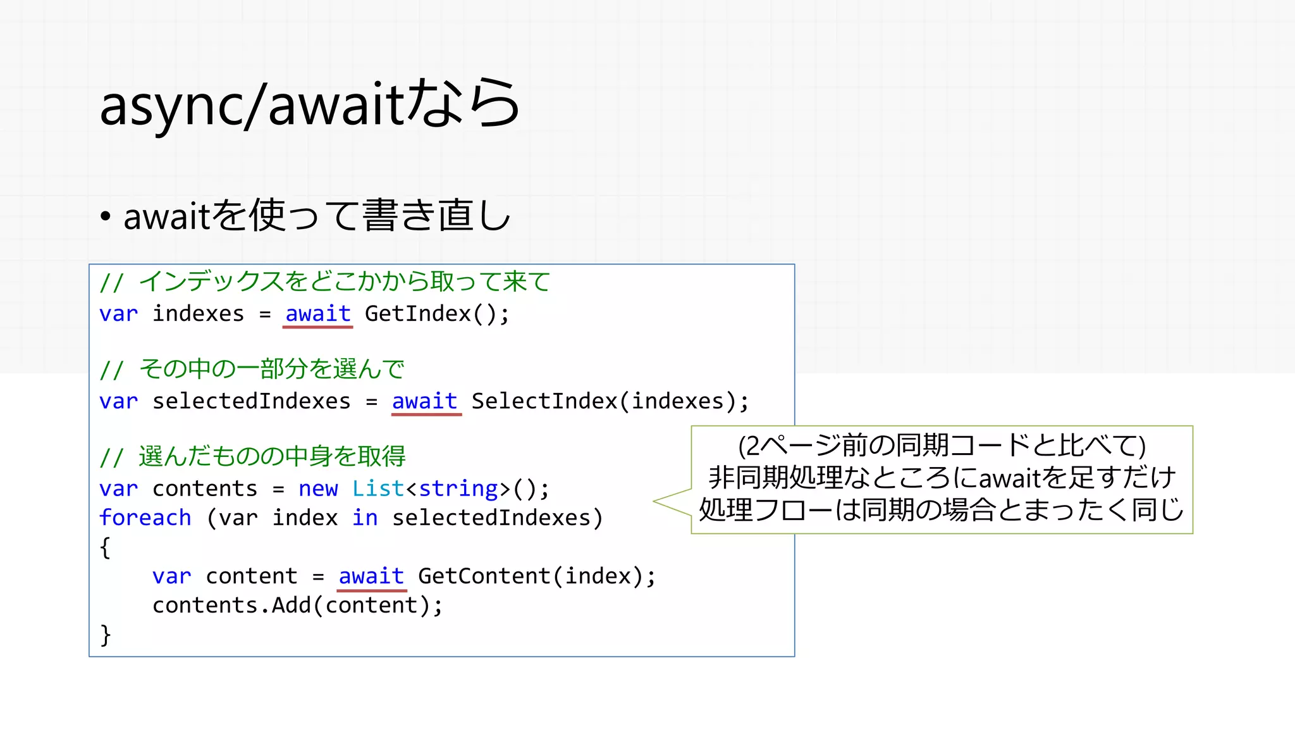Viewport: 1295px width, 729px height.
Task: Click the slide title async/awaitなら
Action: (310, 104)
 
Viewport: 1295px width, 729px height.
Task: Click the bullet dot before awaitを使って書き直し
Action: (106, 217)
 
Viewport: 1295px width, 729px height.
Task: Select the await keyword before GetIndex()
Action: (317, 314)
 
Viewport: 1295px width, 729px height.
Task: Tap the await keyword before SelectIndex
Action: (424, 401)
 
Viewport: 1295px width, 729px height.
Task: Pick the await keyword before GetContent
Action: (371, 576)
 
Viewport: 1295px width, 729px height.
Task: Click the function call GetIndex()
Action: (436, 314)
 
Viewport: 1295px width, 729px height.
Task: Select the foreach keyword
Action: (145, 518)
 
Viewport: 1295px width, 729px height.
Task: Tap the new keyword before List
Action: (318, 489)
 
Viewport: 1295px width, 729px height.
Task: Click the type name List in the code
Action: (377, 489)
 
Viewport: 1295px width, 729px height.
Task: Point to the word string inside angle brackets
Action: (458, 489)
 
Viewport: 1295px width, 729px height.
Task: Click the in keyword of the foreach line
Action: (365, 518)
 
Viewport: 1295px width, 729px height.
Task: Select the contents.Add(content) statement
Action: (297, 606)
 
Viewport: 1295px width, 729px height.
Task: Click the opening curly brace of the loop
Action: (105, 547)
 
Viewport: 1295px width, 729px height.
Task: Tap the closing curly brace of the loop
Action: (105, 635)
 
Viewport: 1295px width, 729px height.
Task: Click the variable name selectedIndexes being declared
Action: (251, 401)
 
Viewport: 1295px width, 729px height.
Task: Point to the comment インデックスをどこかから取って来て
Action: (344, 282)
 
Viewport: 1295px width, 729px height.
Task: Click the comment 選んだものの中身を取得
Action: (272, 456)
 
